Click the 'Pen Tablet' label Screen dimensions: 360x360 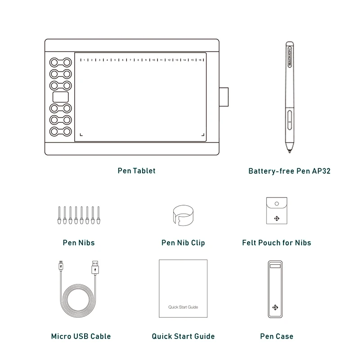(x=136, y=171)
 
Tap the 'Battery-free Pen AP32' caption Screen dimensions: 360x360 (x=290, y=171)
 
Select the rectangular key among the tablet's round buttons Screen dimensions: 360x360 (x=61, y=96)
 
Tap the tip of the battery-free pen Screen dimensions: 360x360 (x=288, y=151)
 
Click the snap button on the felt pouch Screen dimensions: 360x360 (x=276, y=204)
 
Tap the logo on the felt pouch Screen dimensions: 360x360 (x=276, y=219)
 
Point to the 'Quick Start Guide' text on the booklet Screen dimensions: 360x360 (x=183, y=307)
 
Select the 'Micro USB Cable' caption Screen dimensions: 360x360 (x=81, y=336)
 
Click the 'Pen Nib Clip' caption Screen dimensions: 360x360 (x=183, y=243)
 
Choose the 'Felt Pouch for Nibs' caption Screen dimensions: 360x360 (x=276, y=243)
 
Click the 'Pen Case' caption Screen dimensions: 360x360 (x=276, y=336)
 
